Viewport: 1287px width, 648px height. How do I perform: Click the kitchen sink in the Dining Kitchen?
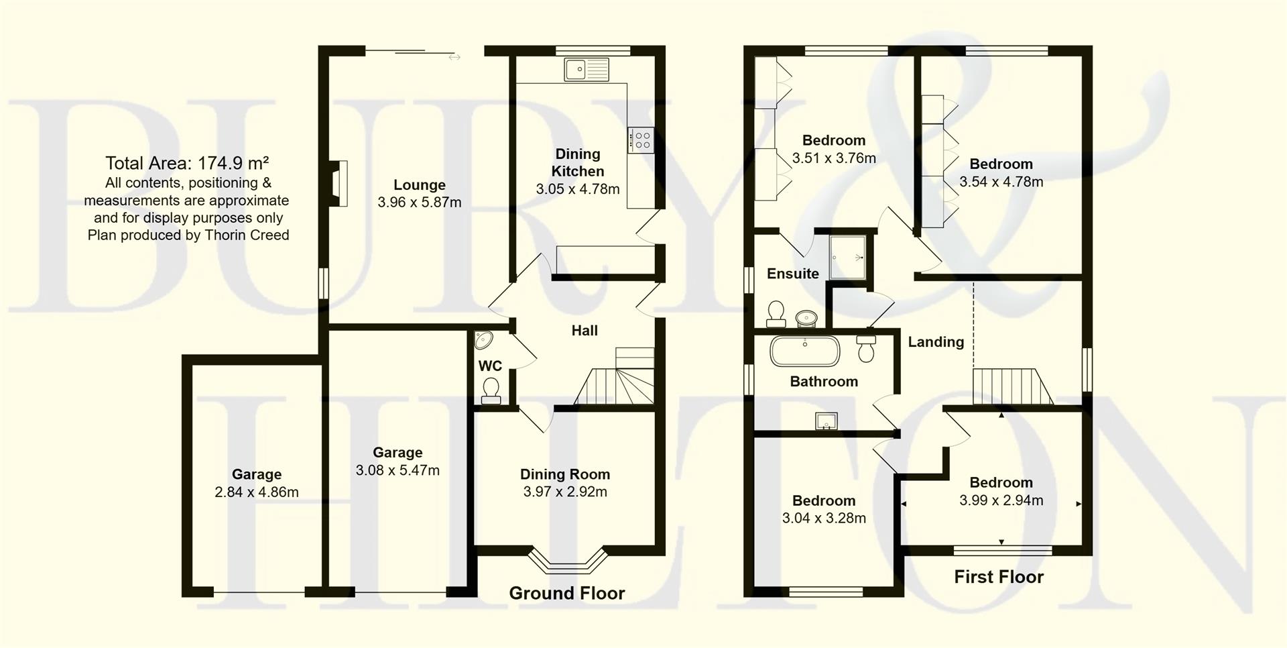click(587, 69)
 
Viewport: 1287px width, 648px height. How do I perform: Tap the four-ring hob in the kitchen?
click(641, 140)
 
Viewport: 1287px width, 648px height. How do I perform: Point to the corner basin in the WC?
click(483, 340)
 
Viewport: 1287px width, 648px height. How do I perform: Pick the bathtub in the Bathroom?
click(804, 351)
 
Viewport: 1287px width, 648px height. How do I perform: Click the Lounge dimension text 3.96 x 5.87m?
click(420, 203)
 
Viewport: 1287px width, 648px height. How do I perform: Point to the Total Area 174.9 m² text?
click(187, 163)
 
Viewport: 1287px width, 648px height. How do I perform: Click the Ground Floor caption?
click(566, 593)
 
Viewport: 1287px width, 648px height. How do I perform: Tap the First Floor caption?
click(998, 577)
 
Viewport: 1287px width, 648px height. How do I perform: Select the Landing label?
click(936, 342)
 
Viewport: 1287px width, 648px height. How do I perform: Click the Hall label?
click(585, 330)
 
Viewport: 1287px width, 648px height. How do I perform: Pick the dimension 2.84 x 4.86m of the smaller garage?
click(257, 492)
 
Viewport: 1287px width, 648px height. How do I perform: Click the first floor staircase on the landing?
click(1012, 387)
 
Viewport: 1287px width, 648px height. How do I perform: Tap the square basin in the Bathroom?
click(826, 421)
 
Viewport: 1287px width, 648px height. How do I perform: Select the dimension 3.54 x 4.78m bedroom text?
click(1001, 182)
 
